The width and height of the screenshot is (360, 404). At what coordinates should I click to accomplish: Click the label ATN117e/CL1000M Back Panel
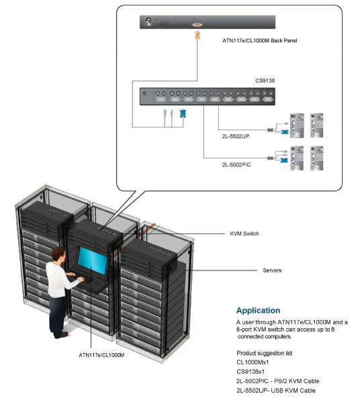pos(260,40)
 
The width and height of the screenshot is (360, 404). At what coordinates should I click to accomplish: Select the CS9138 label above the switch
pos(265,81)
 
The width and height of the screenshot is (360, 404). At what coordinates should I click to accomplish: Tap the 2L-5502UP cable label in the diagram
pos(236,136)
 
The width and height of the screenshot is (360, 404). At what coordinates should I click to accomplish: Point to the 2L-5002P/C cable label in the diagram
pos(236,164)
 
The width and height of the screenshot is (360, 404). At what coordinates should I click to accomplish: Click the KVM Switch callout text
pos(244,234)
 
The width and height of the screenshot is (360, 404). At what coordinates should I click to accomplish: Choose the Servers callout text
pos(272,270)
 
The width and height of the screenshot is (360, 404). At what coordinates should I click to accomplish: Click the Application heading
pos(258,311)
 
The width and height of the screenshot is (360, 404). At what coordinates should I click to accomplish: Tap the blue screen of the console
pos(93,260)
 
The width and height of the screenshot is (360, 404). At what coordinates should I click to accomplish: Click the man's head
pos(58,255)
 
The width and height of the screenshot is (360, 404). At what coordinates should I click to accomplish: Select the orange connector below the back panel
pos(197,35)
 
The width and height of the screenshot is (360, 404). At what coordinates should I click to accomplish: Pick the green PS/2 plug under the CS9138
pos(165,113)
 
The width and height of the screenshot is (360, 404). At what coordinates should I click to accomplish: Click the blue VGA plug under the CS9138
pos(183,113)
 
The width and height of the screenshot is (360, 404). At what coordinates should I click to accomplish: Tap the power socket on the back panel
pos(148,21)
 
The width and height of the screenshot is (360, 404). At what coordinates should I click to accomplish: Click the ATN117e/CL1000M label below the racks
pos(101,355)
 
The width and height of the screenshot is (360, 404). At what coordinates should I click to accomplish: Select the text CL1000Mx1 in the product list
pos(253,362)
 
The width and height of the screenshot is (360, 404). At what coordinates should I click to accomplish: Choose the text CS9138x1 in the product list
pos(251,372)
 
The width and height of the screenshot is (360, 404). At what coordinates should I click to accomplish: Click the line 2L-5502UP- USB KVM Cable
pos(276,391)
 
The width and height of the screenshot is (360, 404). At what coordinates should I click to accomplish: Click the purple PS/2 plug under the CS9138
pos(172,113)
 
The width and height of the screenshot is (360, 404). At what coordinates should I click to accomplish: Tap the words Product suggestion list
pos(265,353)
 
